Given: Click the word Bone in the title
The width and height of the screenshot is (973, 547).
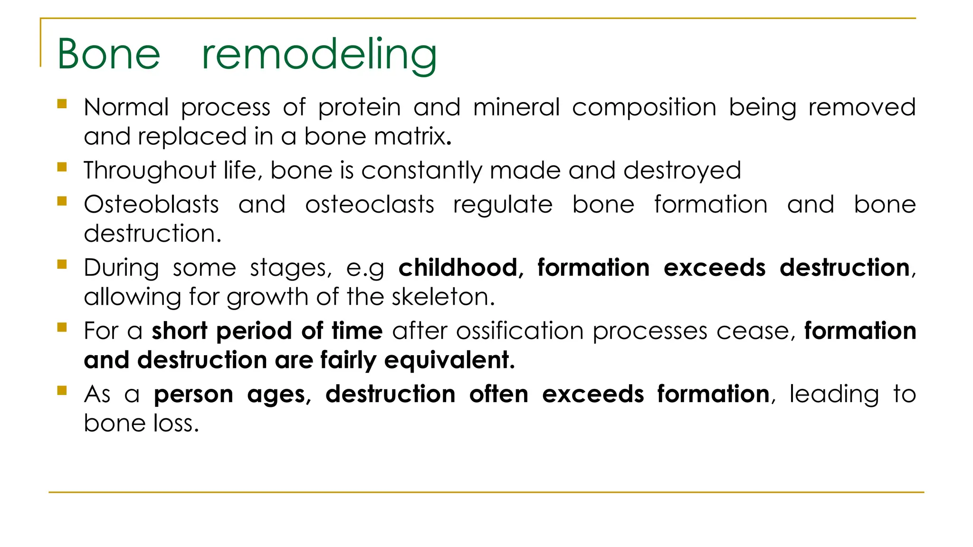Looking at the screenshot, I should coord(109,54).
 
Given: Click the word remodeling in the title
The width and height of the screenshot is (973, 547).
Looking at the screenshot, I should coord(319,55).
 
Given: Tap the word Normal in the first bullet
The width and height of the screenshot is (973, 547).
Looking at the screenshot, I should coord(126,107).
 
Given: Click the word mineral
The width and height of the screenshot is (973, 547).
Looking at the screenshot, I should coord(516,107).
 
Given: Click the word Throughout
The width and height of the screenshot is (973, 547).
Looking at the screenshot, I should coord(150,171).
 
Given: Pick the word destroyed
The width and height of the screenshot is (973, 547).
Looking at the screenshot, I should coord(682,171).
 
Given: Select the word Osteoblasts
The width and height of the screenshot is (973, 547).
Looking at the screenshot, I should coord(151,205).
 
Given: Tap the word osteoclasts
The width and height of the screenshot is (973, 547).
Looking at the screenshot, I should coord(370,205).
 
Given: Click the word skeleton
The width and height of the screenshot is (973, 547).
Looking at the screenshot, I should coord(442,297).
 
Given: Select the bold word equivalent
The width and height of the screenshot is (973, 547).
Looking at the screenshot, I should coord(448,360).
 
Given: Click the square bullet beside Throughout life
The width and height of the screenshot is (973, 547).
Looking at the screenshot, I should coord(62,167).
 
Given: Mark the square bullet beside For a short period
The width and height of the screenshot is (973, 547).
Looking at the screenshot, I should coord(62,327).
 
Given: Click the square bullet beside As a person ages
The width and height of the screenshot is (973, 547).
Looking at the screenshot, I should coord(62,390).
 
